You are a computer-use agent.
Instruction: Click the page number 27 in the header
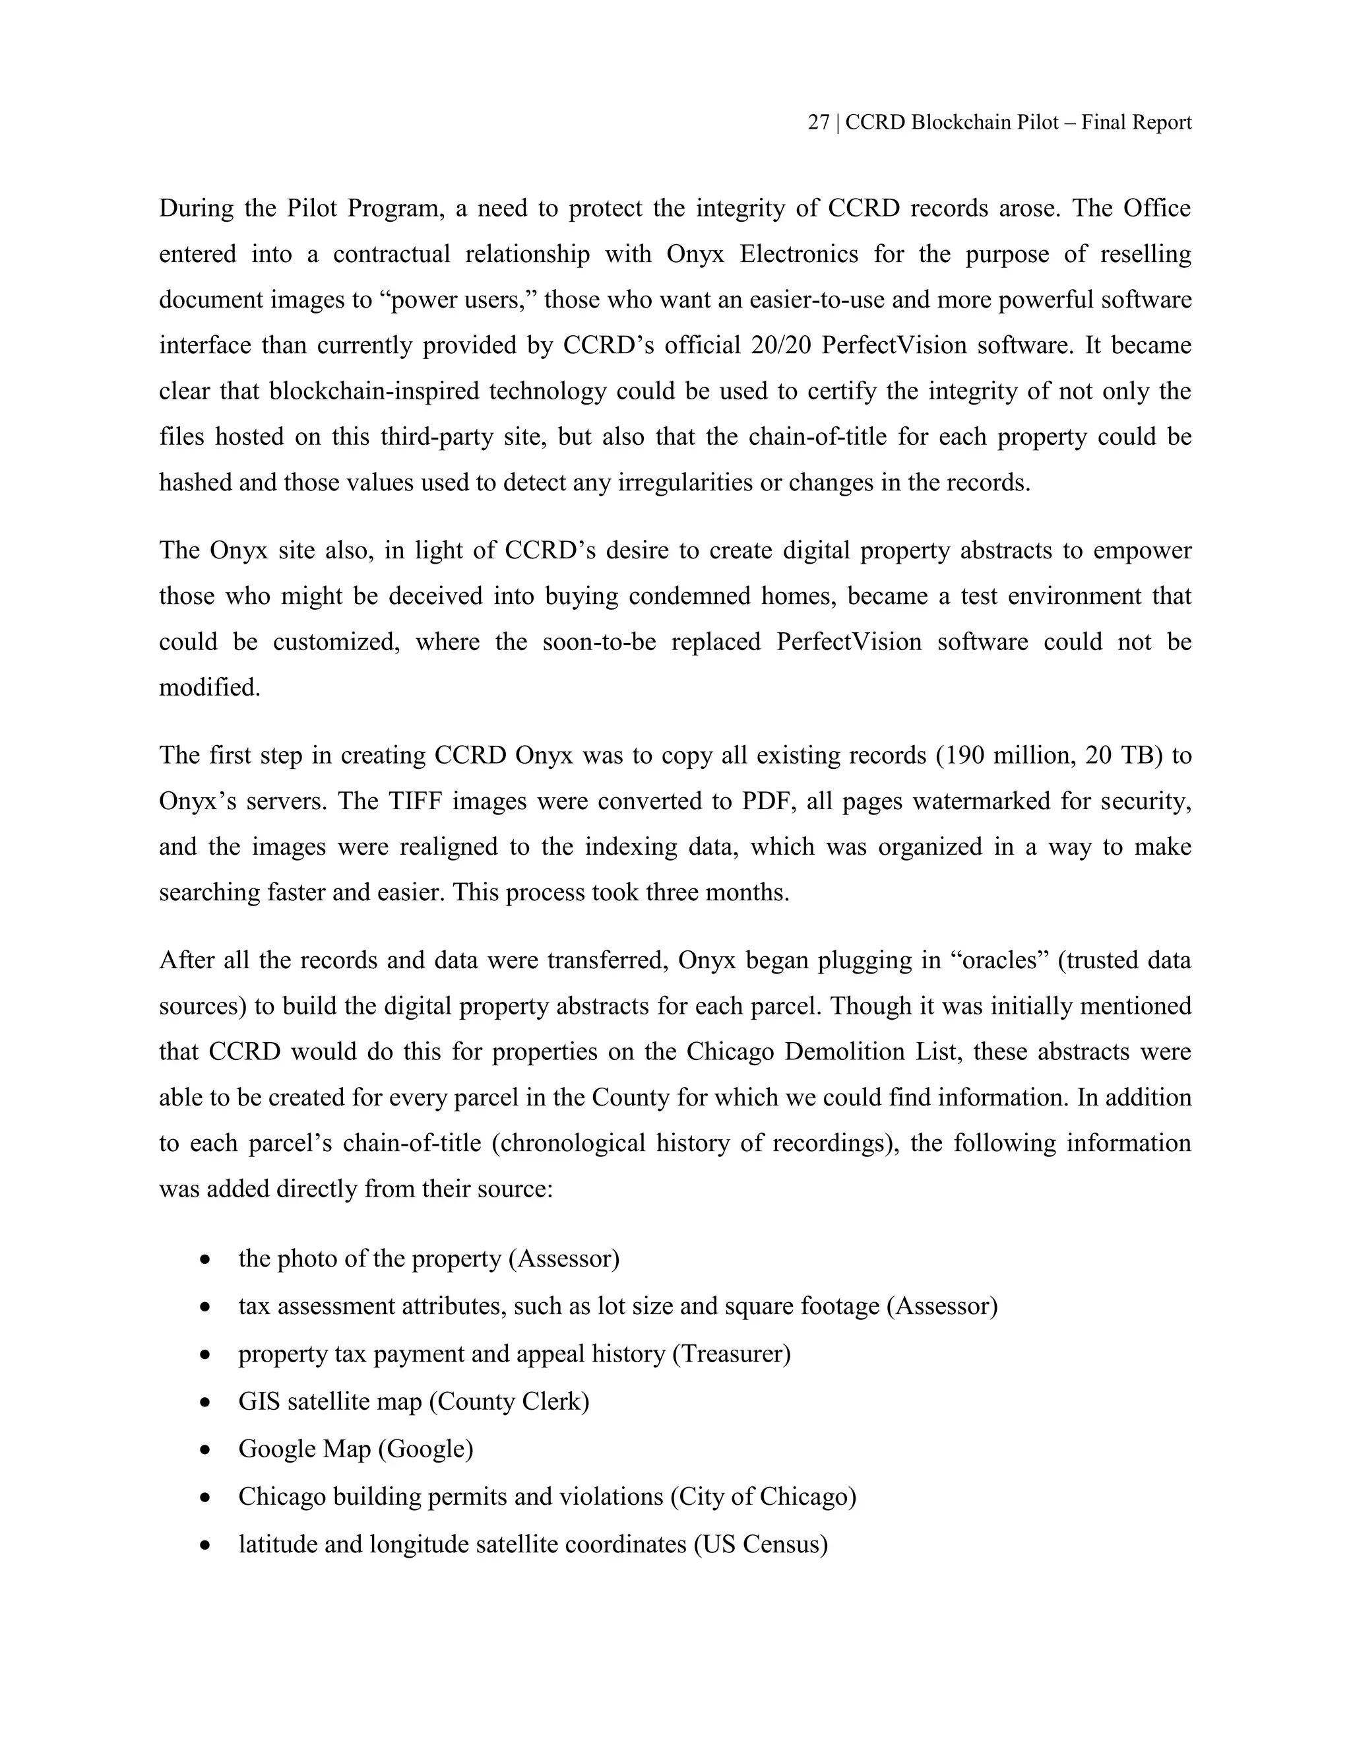(818, 123)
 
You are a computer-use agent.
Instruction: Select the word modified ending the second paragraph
(210, 687)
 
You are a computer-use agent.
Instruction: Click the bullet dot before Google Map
(206, 1450)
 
